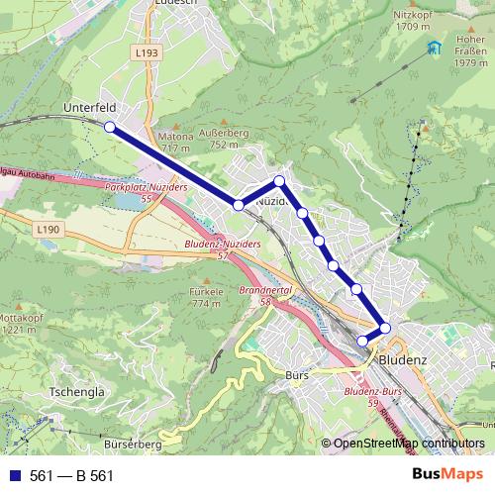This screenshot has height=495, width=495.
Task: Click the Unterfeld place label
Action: pyautogui.click(x=89, y=105)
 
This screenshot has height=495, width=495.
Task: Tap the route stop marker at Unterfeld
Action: pyautogui.click(x=109, y=127)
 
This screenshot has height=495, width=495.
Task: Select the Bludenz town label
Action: pyautogui.click(x=402, y=358)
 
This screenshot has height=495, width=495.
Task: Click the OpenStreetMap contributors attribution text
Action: pyautogui.click(x=407, y=444)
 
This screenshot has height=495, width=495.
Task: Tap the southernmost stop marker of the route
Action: pyautogui.click(x=362, y=341)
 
